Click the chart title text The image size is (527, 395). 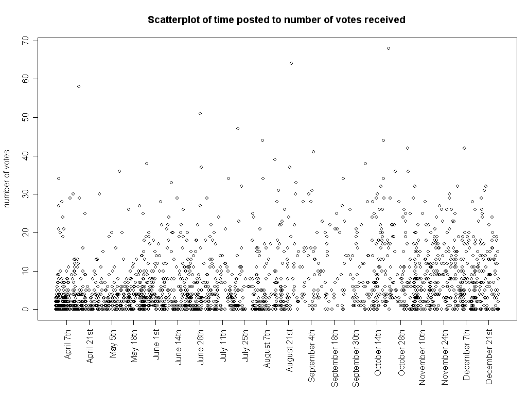click(x=276, y=20)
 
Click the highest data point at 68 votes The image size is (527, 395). click(x=389, y=48)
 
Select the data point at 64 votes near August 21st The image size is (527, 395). click(x=291, y=63)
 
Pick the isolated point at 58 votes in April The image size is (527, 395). click(x=79, y=86)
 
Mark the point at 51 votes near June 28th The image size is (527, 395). click(x=200, y=114)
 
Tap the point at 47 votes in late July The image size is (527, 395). click(x=238, y=129)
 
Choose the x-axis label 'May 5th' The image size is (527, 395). click(x=113, y=348)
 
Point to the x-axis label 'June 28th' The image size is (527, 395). click(x=201, y=350)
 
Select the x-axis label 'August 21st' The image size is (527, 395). click(x=289, y=352)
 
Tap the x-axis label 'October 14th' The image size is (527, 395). click(x=378, y=355)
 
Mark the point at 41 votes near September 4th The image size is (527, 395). click(x=313, y=152)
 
